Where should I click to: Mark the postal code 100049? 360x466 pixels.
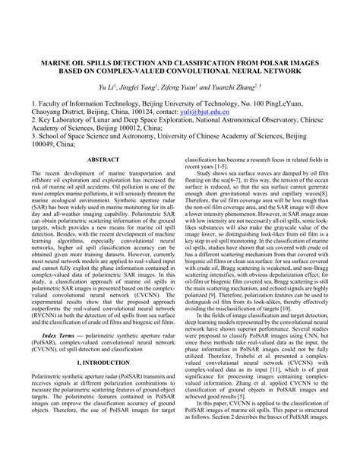point(43,141)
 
